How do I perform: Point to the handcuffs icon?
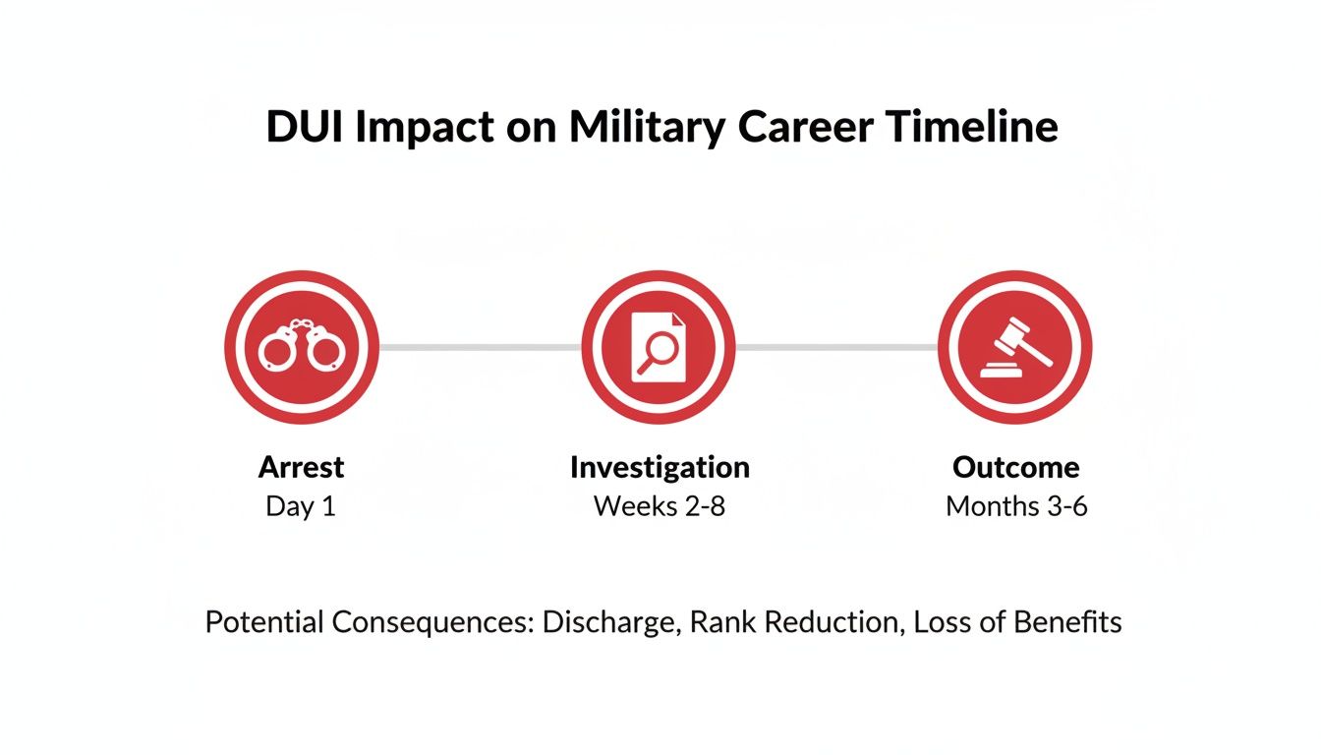tap(301, 347)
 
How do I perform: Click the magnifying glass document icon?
tap(659, 347)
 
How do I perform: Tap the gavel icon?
tap(1015, 347)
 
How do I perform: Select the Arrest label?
tap(301, 467)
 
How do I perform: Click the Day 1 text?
tap(301, 506)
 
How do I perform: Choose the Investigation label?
tap(660, 467)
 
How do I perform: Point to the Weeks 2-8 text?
tap(660, 506)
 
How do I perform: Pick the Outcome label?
tap(1016, 467)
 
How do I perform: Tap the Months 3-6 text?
tap(1016, 506)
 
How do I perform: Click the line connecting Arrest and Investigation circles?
tap(480, 347)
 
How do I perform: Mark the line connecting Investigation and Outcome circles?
tap(837, 347)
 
